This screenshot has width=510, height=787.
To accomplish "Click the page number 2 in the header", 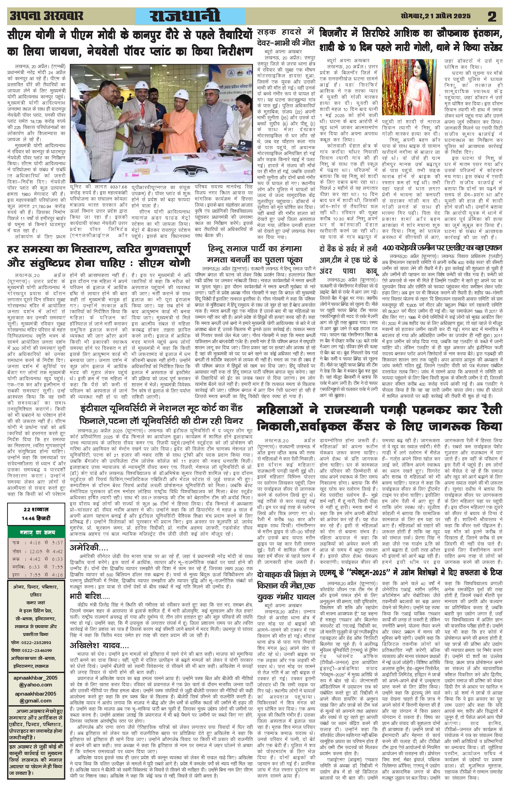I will pyautogui.click(x=492, y=16).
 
